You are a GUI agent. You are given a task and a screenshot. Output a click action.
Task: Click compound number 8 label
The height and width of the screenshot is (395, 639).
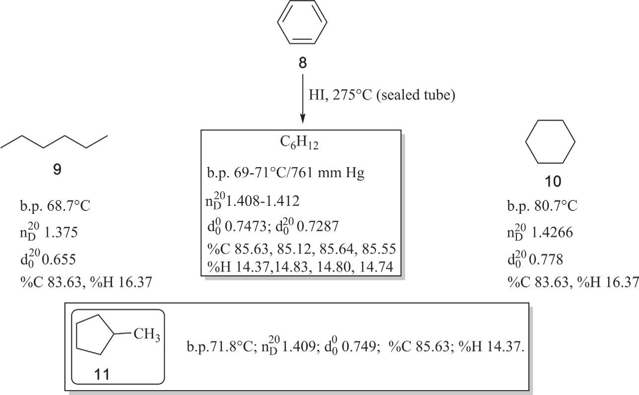coord(302,63)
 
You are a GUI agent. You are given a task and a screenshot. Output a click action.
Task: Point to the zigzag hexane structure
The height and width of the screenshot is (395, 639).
coord(54,141)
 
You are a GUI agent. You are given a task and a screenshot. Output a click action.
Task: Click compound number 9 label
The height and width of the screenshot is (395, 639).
coord(57,170)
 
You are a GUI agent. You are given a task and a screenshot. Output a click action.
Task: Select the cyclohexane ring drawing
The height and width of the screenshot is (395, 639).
coord(550,141)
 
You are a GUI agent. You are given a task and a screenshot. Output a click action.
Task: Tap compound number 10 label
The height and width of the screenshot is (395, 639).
coord(553,182)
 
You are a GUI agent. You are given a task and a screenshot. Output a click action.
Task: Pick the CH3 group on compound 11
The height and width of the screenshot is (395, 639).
coord(146,335)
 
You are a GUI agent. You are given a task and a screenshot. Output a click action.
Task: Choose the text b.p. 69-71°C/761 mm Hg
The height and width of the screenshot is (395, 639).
coord(286,174)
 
